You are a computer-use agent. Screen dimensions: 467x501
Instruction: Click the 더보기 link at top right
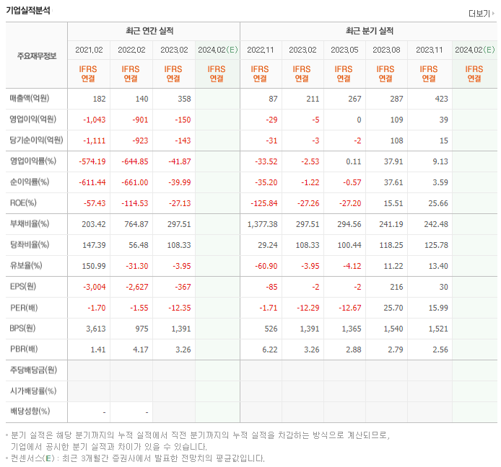click(x=479, y=14)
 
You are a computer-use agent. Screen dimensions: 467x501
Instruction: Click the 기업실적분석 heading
click(x=29, y=10)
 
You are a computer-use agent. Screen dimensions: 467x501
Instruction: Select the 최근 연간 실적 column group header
click(x=153, y=31)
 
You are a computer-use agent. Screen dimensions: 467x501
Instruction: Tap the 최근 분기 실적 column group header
click(x=369, y=31)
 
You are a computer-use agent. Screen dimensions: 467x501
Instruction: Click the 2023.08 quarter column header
click(x=387, y=50)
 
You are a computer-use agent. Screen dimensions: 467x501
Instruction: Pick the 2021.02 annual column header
click(x=89, y=50)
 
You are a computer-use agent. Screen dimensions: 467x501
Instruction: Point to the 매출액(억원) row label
click(x=35, y=99)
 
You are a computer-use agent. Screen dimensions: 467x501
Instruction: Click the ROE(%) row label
click(x=24, y=203)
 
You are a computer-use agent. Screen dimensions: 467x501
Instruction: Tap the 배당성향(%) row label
click(x=30, y=412)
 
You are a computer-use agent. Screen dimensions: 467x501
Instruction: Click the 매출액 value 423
click(x=440, y=99)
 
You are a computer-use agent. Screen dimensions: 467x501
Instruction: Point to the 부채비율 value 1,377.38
click(x=262, y=224)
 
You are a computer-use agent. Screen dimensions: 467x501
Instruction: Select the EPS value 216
click(x=396, y=287)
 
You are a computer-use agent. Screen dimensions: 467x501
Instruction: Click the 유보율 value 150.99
click(x=93, y=266)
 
